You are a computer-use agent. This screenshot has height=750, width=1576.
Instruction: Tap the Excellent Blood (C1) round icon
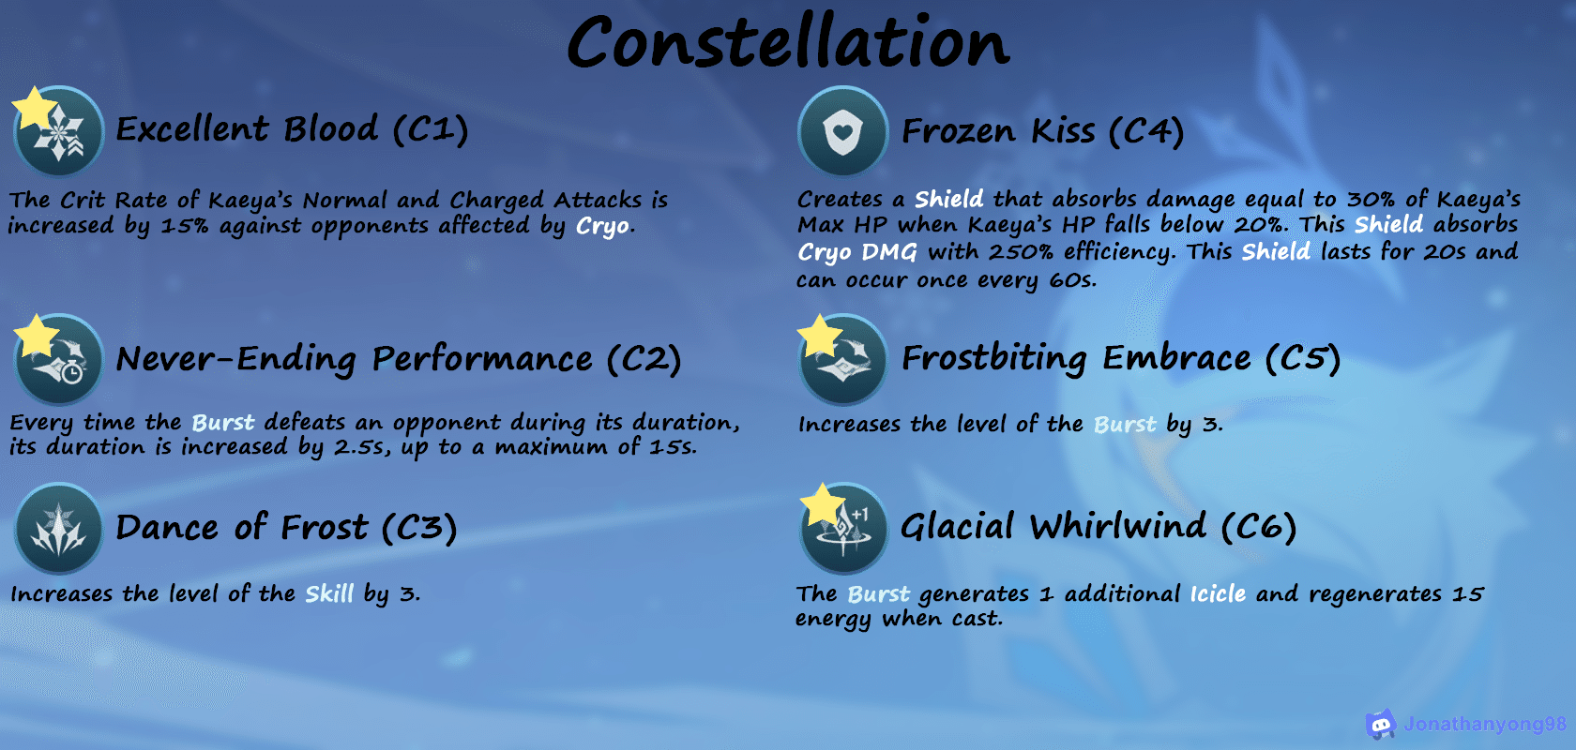pos(58,130)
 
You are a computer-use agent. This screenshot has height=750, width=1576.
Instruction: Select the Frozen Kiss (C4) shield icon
pos(842,130)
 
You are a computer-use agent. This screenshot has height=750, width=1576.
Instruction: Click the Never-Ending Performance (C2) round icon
pos(58,359)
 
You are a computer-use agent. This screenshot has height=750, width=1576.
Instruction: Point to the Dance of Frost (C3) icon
pos(58,528)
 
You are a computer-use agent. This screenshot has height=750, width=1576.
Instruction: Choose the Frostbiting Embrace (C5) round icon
pos(842,359)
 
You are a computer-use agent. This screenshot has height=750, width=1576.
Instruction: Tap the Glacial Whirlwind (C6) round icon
pos(842,528)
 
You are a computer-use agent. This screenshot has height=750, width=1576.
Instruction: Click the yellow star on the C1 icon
pos(34,108)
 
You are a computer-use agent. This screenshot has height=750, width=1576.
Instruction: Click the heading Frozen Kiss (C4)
pos(1043,130)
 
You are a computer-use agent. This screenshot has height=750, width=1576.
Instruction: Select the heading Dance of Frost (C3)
pos(286,527)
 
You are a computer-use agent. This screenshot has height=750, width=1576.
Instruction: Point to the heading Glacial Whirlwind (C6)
pos(1099,527)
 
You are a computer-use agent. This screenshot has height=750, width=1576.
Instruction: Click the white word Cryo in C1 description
pos(602,226)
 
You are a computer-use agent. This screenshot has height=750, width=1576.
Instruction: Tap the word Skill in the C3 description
pos(329,593)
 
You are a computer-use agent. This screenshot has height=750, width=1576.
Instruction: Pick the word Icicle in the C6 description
pos(1218,593)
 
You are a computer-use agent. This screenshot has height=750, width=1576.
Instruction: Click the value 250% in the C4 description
pos(1021,251)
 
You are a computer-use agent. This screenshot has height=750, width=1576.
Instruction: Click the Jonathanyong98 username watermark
pos(1485,724)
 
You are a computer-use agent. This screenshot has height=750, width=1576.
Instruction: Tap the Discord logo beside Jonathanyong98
pos(1381,724)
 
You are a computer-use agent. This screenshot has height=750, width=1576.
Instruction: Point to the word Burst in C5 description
pos(1124,424)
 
